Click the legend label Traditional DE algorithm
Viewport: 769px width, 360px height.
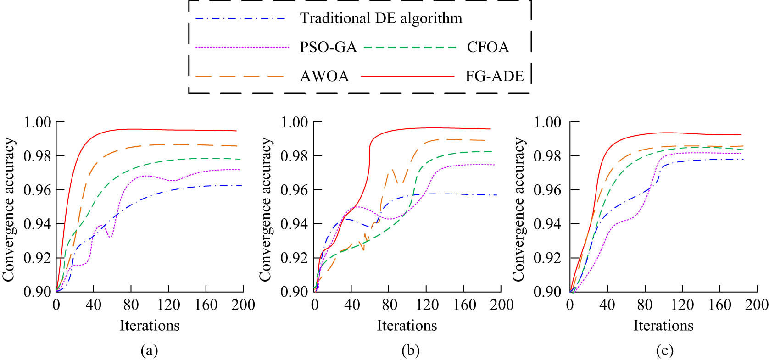point(381,18)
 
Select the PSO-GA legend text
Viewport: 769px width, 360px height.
point(328,47)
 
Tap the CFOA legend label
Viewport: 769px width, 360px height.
point(488,47)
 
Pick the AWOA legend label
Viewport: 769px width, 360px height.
point(324,76)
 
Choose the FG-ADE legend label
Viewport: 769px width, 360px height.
point(495,76)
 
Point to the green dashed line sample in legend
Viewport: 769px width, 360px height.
point(410,47)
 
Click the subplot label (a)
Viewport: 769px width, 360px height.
point(149,351)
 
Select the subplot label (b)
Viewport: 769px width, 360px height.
point(410,351)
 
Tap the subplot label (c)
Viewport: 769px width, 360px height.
point(664,351)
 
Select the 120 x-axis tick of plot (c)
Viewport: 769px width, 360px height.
point(682,305)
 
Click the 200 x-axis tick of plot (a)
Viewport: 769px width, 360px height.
point(243,305)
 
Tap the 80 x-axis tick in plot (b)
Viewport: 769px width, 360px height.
point(389,305)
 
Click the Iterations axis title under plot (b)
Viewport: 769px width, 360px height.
point(407,326)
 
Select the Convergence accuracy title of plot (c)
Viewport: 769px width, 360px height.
point(518,209)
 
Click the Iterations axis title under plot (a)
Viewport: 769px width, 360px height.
point(150,326)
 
